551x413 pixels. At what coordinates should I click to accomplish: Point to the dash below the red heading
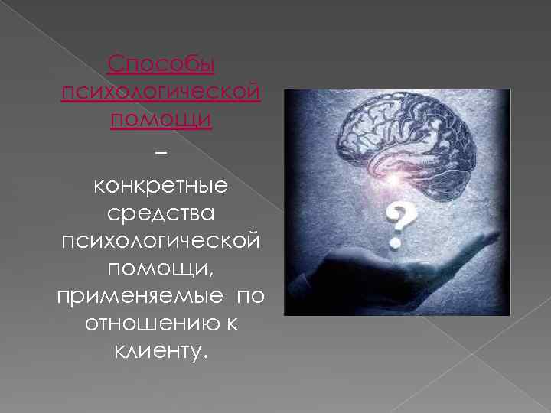click(x=159, y=153)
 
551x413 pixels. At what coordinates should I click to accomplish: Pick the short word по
click(x=251, y=297)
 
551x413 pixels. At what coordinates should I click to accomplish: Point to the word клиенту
click(x=156, y=353)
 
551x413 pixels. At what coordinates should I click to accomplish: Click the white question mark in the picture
click(x=397, y=222)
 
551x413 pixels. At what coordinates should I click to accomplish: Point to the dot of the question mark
click(x=396, y=243)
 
